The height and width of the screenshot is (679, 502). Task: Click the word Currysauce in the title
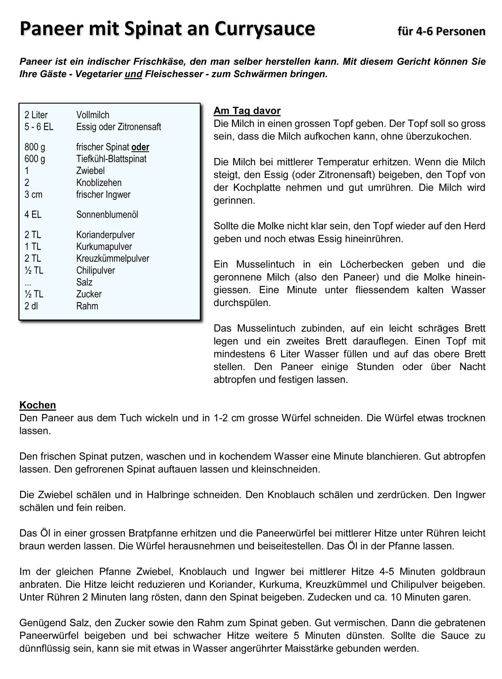click(x=265, y=29)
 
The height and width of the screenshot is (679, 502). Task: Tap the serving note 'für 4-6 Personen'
click(x=441, y=31)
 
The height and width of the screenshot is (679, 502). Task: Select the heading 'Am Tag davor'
click(x=247, y=111)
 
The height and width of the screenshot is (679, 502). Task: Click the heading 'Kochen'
click(x=38, y=405)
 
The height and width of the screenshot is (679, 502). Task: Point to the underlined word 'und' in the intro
click(x=133, y=74)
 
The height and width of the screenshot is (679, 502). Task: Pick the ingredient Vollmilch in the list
click(x=93, y=115)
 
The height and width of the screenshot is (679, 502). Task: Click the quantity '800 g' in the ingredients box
click(x=35, y=147)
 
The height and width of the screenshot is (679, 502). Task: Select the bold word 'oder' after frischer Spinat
click(x=140, y=147)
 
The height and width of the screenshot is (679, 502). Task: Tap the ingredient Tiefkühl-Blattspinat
click(x=111, y=159)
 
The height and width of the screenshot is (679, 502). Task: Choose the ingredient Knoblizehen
click(x=99, y=183)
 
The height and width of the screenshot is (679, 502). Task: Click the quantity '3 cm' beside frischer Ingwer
click(x=33, y=195)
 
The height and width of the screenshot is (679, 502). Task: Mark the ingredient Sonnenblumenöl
click(x=107, y=215)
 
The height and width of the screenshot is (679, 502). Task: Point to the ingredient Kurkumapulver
click(x=104, y=247)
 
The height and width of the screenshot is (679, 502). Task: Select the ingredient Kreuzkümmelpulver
click(x=113, y=258)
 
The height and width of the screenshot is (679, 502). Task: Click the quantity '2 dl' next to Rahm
click(x=31, y=306)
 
